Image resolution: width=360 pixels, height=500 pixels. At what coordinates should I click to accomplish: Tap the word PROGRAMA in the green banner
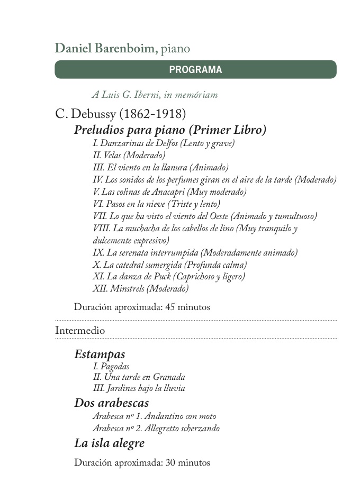click(195, 69)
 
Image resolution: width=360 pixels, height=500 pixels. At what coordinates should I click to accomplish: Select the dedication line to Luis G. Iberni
click(155, 95)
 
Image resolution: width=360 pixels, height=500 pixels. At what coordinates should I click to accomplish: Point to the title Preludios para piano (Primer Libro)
click(170, 130)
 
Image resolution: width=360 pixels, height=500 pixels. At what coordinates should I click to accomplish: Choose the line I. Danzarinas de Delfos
click(163, 143)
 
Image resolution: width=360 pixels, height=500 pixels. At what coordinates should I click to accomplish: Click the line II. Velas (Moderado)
click(129, 155)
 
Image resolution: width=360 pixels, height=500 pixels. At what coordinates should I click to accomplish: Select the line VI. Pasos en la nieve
click(156, 204)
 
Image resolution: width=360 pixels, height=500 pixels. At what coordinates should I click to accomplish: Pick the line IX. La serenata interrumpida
click(195, 252)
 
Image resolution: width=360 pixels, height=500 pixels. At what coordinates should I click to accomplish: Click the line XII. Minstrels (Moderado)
click(140, 288)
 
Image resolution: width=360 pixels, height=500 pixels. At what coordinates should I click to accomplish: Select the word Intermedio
click(80, 330)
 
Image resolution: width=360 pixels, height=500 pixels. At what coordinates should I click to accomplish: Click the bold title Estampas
click(100, 353)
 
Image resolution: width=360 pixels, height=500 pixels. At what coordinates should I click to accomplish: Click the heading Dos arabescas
click(112, 403)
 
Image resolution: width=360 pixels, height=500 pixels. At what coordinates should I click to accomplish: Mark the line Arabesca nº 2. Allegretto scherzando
click(156, 428)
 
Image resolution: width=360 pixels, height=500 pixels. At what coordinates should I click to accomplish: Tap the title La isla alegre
click(109, 443)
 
